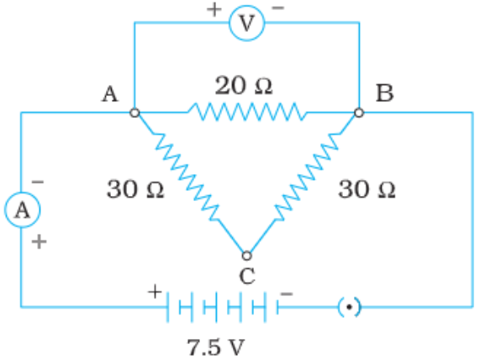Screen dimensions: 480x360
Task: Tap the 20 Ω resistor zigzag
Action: pos(247,112)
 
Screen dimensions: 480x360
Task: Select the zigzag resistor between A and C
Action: pos(187,177)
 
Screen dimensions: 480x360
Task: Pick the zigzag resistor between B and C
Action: pos(307,177)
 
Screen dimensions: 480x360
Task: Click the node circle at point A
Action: pos(135,113)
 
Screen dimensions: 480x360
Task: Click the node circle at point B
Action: pos(359,113)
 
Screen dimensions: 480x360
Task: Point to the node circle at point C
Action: pos(247,256)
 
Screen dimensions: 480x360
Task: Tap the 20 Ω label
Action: pos(244,86)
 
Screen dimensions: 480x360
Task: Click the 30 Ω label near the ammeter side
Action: pos(135,189)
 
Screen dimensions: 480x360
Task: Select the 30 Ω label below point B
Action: pos(367,189)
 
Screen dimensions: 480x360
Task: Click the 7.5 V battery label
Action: pos(216,347)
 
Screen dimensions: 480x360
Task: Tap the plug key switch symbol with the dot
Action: pos(350,307)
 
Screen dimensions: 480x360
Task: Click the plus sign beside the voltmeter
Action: pos(214,9)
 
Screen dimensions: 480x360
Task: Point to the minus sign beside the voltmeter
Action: pos(278,8)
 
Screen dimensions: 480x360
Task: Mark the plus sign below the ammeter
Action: pos(40,242)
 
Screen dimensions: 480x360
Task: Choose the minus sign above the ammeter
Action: pos(38,182)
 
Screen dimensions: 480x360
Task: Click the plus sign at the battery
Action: pos(155,291)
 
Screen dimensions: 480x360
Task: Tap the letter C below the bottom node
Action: pos(247,276)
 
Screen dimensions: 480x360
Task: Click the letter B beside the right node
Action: pos(384,93)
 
